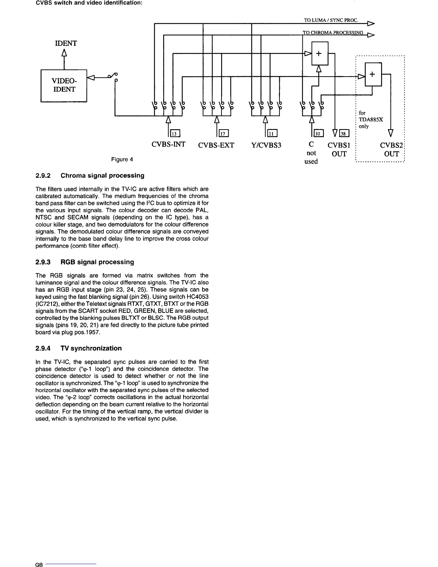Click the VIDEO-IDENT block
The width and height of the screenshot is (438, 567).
click(64, 86)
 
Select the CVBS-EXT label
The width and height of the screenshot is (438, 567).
click(216, 145)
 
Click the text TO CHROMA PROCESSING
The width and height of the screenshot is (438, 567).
click(333, 33)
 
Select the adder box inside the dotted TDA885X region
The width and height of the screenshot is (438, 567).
click(373, 74)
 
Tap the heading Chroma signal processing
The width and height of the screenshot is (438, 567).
click(102, 175)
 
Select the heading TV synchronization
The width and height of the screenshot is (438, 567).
click(91, 348)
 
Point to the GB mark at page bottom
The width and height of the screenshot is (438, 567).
click(39, 565)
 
